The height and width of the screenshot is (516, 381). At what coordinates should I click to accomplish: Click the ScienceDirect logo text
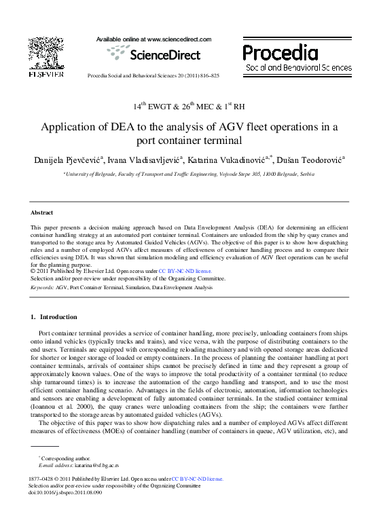tap(163, 55)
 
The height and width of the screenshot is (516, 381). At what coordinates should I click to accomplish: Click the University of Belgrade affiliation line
tap(189, 174)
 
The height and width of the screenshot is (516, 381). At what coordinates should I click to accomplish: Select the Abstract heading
tap(42, 213)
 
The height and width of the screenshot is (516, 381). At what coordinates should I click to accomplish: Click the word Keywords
tap(42, 287)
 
